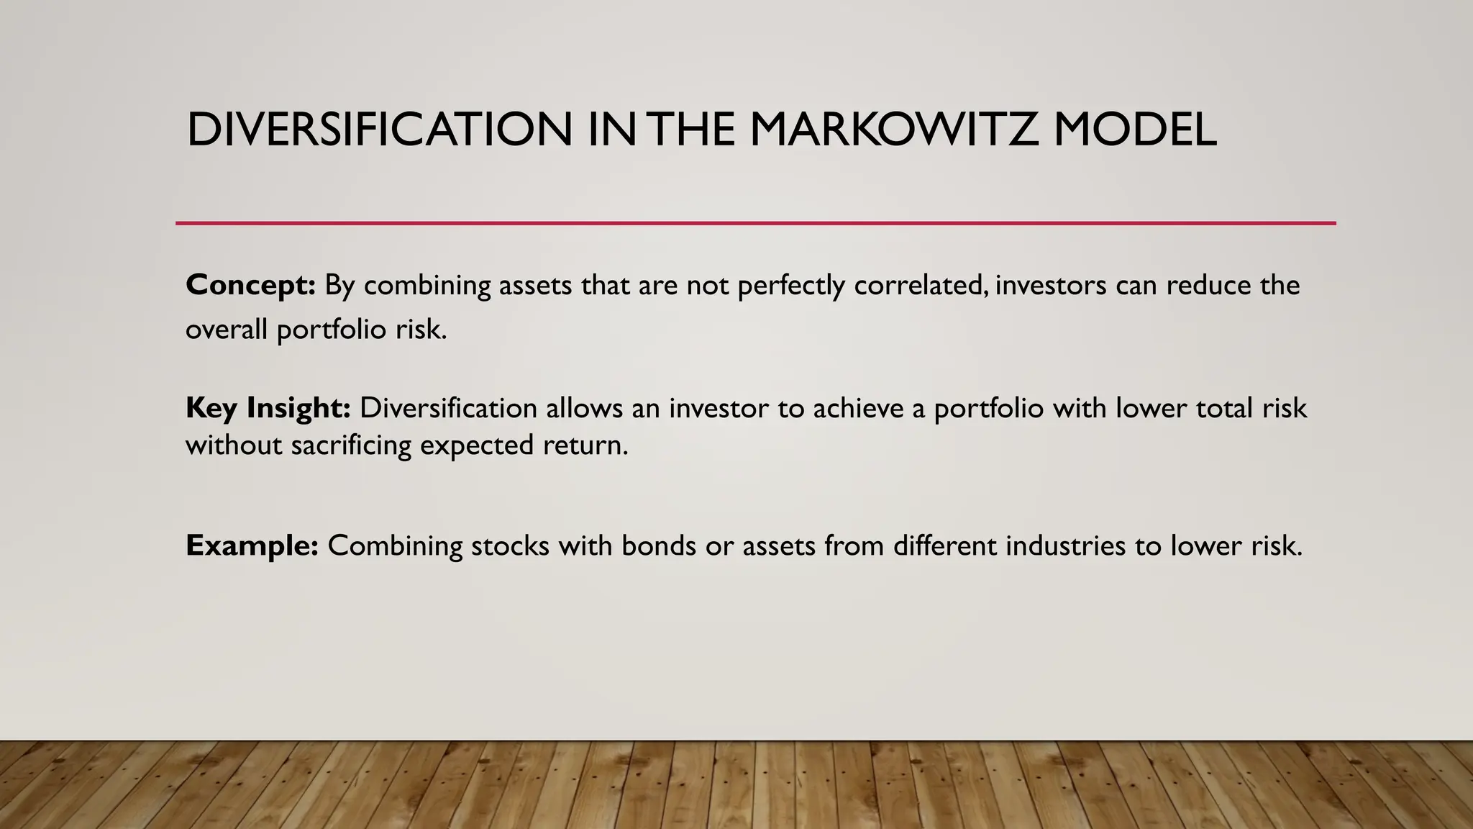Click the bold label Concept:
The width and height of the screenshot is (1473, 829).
250,286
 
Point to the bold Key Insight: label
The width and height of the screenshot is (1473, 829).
268,408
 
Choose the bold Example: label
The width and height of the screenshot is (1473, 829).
252,545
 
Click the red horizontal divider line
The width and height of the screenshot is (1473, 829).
755,223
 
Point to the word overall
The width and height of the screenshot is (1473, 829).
227,330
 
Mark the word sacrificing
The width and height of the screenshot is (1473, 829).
351,445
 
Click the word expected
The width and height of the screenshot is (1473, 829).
477,445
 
